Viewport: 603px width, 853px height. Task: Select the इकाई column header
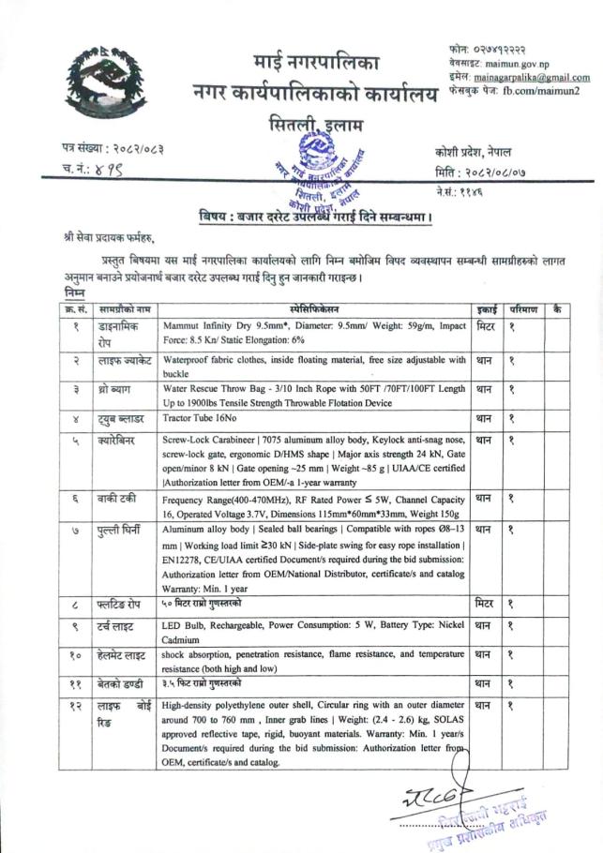tap(486, 307)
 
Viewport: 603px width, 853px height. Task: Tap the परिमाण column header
tap(522, 307)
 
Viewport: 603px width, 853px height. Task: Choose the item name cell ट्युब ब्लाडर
tap(121, 418)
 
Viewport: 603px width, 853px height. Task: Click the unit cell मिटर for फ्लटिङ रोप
tap(485, 605)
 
